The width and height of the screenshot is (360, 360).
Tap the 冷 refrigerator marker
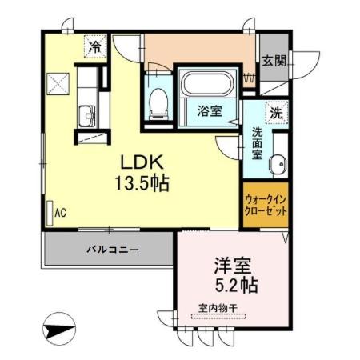pos(95,47)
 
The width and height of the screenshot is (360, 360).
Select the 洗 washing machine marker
pos(276,113)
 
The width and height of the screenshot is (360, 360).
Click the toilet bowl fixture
pos(158,98)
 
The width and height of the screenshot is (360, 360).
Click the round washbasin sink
pos(277,166)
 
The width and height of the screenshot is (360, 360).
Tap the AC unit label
pos(60,214)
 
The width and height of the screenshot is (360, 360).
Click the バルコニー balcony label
pos(112,250)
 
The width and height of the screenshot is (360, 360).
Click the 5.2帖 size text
pos(235,284)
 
